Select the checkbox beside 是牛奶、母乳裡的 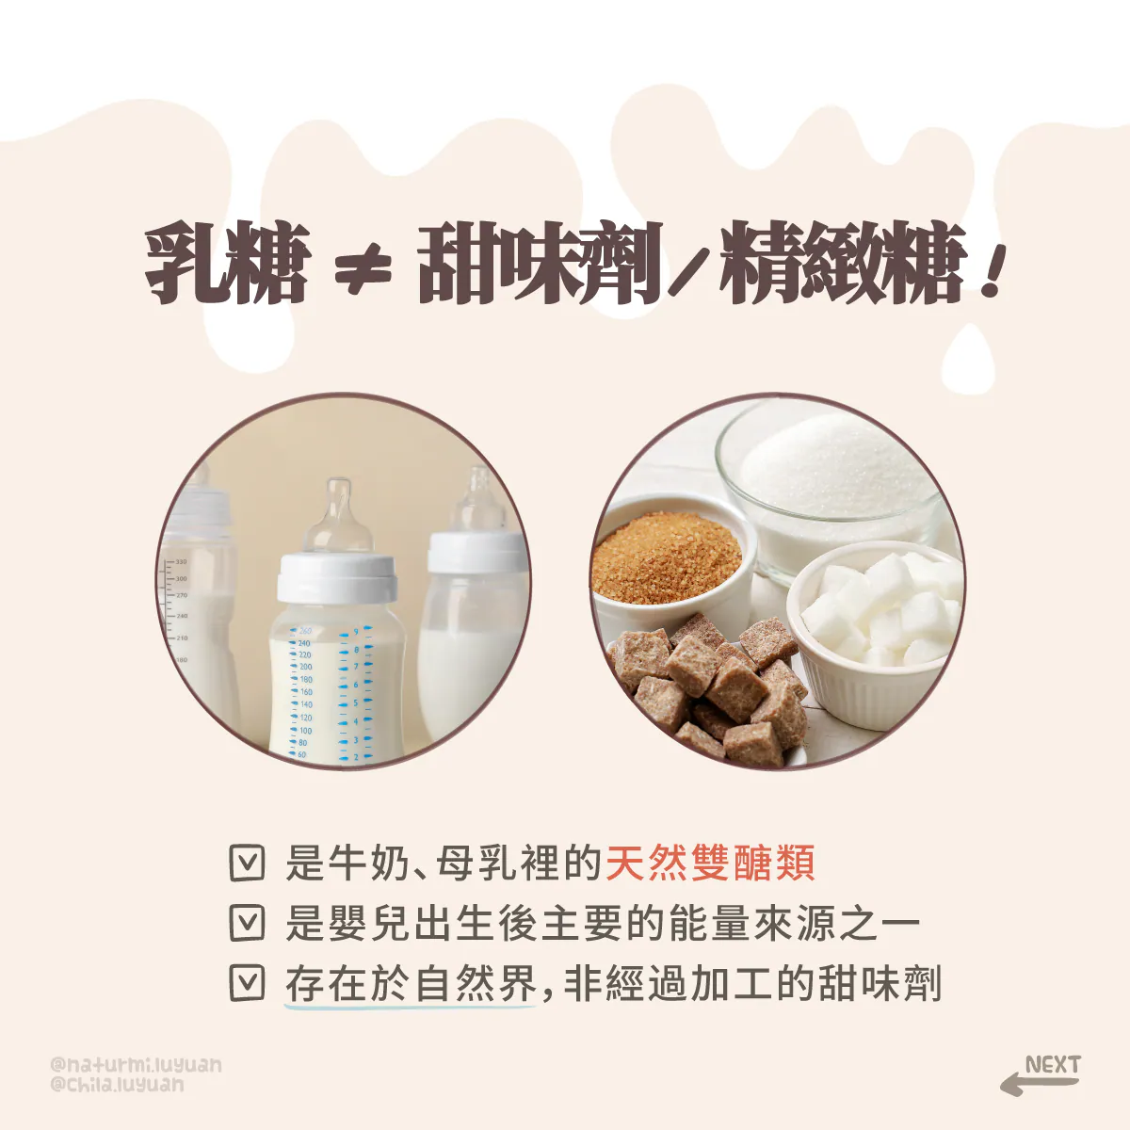pos(247,863)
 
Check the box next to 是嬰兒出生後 pos(247,923)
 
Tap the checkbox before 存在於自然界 pos(247,983)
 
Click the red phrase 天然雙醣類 pos(710,864)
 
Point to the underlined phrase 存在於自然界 pos(412,983)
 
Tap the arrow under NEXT pos(1039,1083)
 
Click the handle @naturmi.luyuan pos(136,1065)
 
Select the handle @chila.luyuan pos(118,1085)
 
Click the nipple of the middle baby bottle pos(339,516)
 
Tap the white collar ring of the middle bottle pos(336,577)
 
